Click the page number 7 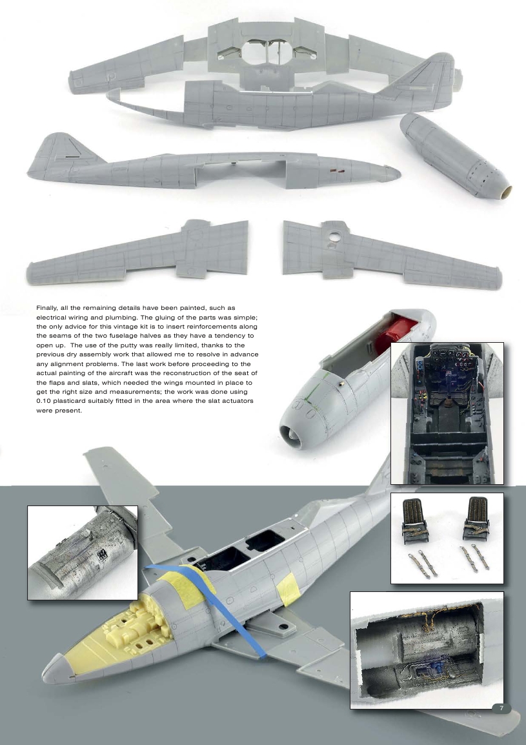tap(501, 708)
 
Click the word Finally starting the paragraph tap(48, 309)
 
